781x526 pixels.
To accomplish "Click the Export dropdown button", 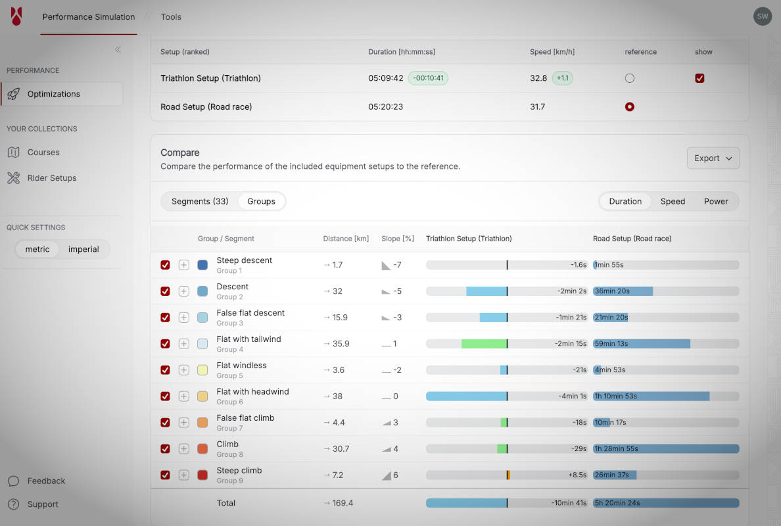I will [x=713, y=158].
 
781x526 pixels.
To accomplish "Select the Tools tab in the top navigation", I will [x=171, y=17].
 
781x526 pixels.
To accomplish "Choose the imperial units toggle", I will [x=83, y=249].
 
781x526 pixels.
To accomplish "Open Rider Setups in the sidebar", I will [x=51, y=178].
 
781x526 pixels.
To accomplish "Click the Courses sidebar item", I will [x=43, y=153].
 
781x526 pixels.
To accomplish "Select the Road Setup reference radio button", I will [x=629, y=107].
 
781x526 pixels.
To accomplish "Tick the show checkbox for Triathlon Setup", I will [x=699, y=78].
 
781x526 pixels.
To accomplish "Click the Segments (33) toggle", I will [x=200, y=201].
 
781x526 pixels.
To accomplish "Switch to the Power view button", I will [x=715, y=201].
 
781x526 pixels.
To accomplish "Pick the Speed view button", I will [x=673, y=201].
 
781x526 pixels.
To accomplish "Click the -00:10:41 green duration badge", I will [x=428, y=78].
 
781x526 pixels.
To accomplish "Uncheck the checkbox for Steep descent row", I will [x=165, y=265].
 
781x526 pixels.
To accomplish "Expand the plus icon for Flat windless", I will [x=184, y=370].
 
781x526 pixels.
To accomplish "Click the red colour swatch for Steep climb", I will [x=202, y=475].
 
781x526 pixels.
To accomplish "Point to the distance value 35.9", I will [x=341, y=344].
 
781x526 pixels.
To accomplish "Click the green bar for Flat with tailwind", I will [x=484, y=344].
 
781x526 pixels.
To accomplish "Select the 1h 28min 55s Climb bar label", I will [x=615, y=449].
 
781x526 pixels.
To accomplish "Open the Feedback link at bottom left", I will [x=46, y=481].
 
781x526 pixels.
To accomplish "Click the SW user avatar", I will [x=762, y=16].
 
